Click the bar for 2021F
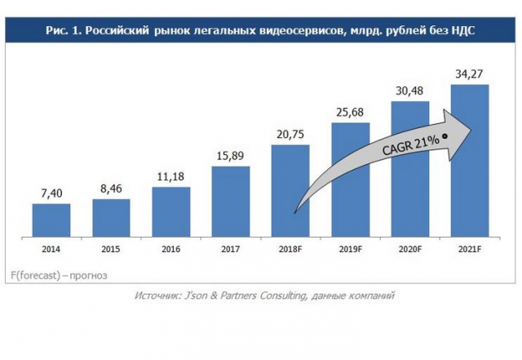click(470, 162)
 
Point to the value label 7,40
click(51, 193)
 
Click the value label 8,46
click(111, 189)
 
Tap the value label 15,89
click(231, 156)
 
